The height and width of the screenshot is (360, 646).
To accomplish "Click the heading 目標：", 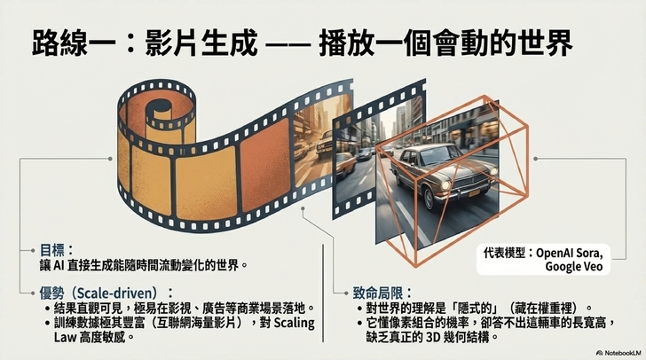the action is tap(57, 250).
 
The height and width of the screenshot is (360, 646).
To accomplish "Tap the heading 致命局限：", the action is tap(382, 293).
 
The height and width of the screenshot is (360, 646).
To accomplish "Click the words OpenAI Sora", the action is tap(570, 252).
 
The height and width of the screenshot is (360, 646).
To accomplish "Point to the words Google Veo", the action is tap(574, 266).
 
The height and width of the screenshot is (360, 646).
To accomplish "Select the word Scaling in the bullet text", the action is tap(294, 323).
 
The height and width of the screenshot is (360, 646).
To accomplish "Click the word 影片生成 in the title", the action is tap(201, 42).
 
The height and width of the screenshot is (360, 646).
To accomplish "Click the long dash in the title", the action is tap(288, 43).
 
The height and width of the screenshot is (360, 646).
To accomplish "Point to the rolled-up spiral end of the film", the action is tap(159, 111).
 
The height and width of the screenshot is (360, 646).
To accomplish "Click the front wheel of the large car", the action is tap(429, 199).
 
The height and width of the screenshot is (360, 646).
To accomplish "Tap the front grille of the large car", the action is tap(467, 181).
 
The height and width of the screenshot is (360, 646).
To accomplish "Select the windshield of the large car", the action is tap(429, 154).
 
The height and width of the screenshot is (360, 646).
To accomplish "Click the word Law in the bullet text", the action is tap(65, 337).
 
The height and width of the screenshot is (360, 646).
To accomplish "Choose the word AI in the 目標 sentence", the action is tap(58, 265).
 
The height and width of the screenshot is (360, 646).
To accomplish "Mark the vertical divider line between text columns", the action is tap(323, 293).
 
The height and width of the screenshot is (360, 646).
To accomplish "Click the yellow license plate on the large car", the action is tap(475, 193).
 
